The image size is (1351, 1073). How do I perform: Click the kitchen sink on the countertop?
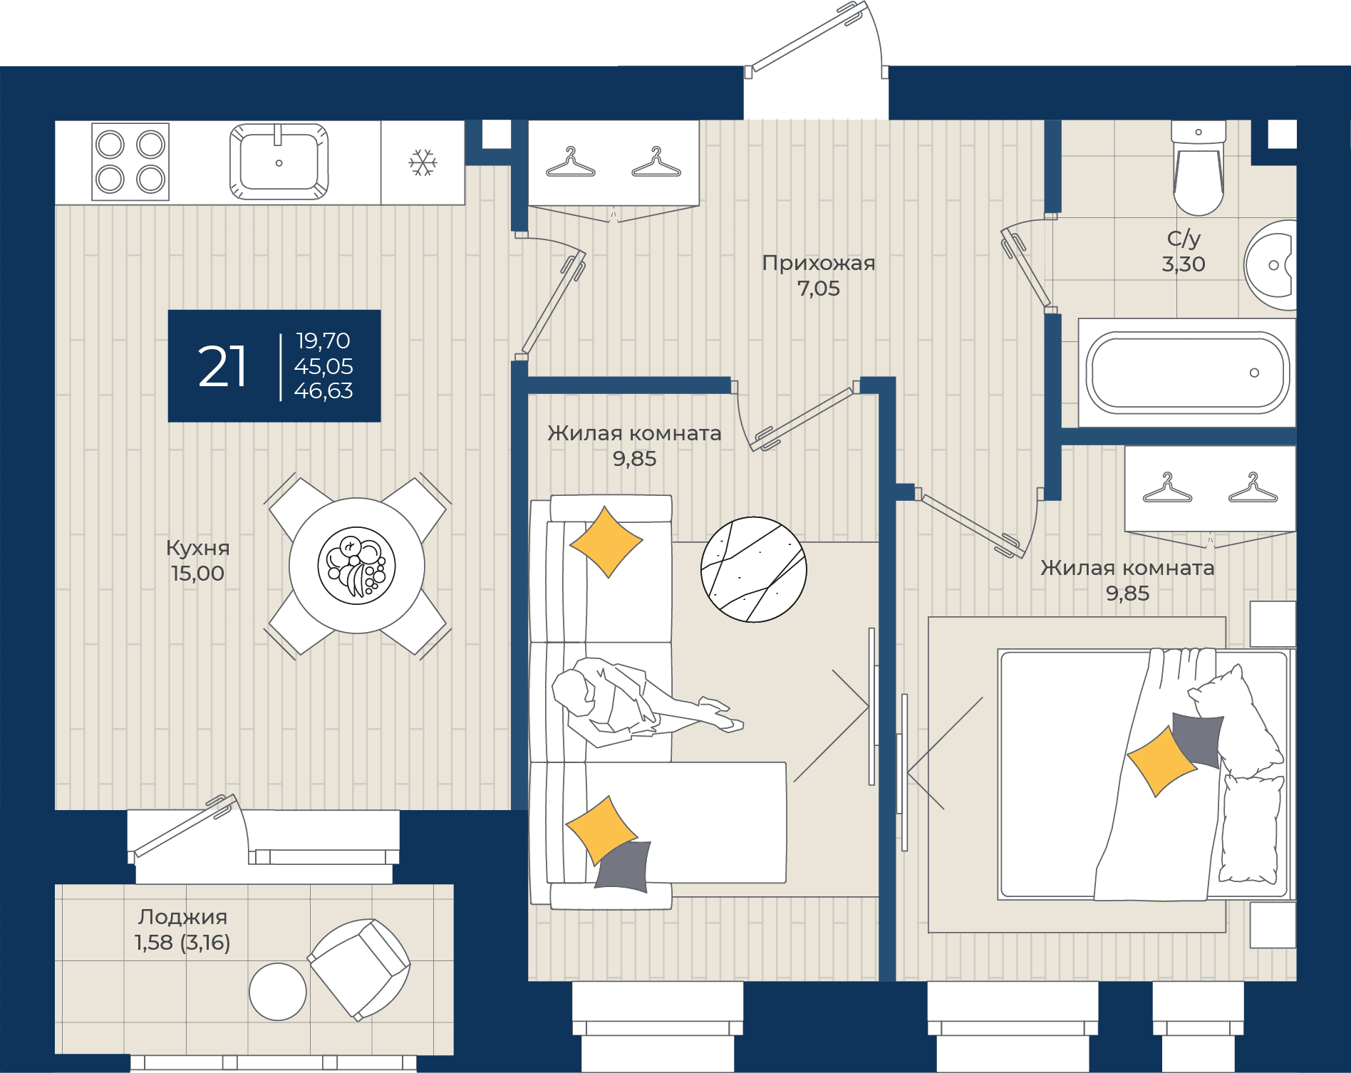279,162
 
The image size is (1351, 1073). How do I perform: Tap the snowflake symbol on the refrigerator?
423,162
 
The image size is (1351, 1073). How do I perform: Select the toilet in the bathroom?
1199,168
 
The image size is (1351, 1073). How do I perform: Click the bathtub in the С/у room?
1187,373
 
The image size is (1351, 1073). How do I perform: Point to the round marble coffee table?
754,569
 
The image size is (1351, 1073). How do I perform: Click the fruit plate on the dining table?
356,566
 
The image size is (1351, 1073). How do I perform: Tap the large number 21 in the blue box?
222,366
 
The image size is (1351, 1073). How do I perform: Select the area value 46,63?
323,390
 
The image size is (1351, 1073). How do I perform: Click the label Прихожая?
819,264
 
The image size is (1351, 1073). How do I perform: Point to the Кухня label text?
198,548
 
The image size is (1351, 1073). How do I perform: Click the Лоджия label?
183,917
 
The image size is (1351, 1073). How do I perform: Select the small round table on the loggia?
278,991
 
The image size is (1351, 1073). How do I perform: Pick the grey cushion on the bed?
1199,740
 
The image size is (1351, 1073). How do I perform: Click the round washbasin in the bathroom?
1270,265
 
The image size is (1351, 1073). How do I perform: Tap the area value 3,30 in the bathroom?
1184,264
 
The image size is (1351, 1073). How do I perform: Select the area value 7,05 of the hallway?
819,289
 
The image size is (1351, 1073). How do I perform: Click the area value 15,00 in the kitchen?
198,573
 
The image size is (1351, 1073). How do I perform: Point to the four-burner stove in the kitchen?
130,162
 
